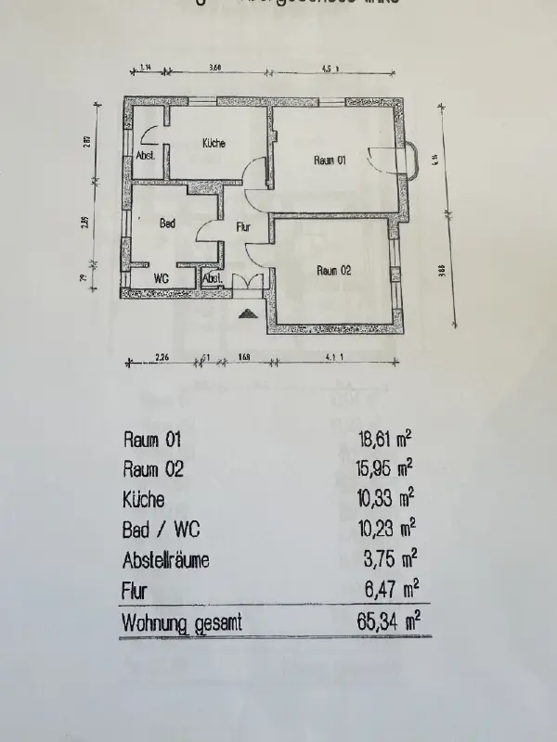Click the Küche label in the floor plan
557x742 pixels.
point(214,143)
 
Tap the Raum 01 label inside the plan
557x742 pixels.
point(330,160)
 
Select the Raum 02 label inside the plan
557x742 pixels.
point(333,271)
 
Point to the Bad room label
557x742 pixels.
point(168,224)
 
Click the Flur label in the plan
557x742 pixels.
point(243,225)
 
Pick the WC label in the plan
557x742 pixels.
point(161,277)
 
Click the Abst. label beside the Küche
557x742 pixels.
point(146,155)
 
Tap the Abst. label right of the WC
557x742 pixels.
point(212,277)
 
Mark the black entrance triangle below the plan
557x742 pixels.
point(247,313)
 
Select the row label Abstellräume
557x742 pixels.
point(166,560)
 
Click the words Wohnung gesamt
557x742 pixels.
point(181,623)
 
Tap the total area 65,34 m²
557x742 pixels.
point(382,622)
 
